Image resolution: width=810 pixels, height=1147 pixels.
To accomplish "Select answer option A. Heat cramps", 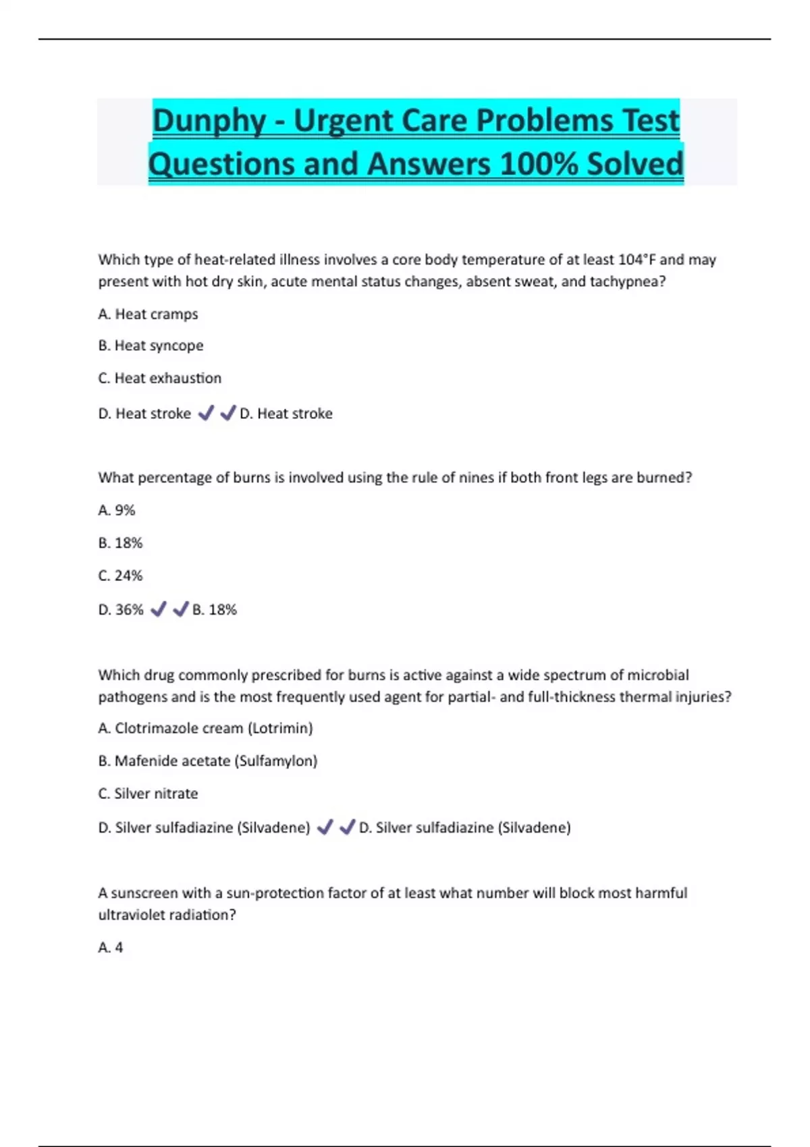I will (x=148, y=314).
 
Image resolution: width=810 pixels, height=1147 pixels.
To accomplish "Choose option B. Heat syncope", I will (x=151, y=345).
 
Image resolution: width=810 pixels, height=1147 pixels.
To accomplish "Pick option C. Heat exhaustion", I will (x=159, y=379).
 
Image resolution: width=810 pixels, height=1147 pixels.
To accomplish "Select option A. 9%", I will (x=117, y=511).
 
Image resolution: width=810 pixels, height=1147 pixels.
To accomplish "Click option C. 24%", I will (x=120, y=576).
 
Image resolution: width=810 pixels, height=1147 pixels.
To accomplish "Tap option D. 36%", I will (x=121, y=610).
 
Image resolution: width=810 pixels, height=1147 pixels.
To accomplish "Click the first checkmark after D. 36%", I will (x=159, y=609).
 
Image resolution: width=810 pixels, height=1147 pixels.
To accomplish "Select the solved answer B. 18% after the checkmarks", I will (x=215, y=610).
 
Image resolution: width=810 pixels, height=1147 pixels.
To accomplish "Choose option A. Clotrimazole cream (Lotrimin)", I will (x=205, y=729).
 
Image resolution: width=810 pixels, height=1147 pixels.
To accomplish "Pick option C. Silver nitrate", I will (x=148, y=794).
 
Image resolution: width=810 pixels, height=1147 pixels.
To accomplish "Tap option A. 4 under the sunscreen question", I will (x=111, y=948).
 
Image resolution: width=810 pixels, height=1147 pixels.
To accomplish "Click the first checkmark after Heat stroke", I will (x=206, y=413).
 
